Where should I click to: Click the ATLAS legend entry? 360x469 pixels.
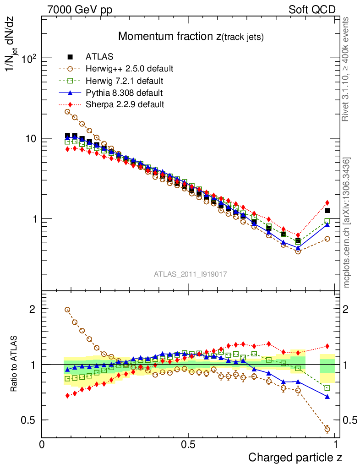(x=99, y=57)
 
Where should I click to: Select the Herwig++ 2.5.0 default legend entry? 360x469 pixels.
(x=129, y=69)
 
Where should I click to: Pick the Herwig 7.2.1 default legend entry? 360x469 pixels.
(x=125, y=81)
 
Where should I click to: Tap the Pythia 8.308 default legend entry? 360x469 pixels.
(x=124, y=93)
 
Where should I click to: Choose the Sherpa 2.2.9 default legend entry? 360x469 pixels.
(x=125, y=104)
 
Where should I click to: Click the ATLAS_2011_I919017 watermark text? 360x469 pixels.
(x=191, y=274)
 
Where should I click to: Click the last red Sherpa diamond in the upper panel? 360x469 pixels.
(x=327, y=202)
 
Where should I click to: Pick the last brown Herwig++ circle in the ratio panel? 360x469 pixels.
(x=327, y=429)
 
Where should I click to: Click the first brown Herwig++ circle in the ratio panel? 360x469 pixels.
(x=67, y=310)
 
